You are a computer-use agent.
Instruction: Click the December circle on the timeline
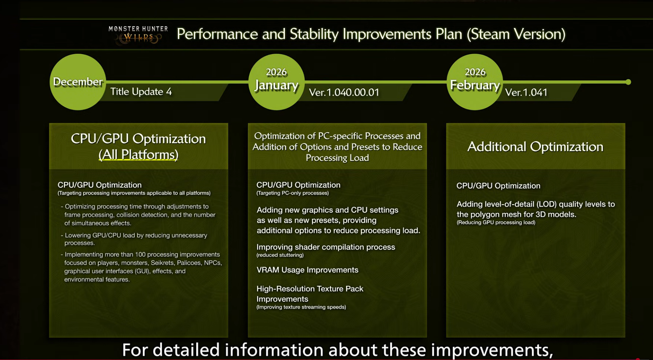click(78, 82)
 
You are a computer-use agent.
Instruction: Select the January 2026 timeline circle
click(276, 82)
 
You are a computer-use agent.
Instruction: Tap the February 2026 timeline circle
click(475, 82)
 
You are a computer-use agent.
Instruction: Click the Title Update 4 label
click(141, 91)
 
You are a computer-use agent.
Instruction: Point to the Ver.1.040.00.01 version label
click(344, 92)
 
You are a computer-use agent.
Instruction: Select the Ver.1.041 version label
click(526, 92)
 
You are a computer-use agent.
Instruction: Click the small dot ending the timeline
click(628, 82)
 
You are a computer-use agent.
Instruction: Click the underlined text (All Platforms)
click(139, 155)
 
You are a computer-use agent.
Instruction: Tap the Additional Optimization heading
click(535, 147)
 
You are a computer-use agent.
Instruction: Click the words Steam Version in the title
click(516, 34)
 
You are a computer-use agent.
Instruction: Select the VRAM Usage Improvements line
click(307, 270)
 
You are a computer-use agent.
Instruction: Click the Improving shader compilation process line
click(326, 247)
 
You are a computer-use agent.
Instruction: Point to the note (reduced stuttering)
click(280, 255)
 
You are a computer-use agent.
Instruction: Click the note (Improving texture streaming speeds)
click(301, 307)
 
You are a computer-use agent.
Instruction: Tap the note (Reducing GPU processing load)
click(496, 223)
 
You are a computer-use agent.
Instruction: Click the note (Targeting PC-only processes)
click(293, 193)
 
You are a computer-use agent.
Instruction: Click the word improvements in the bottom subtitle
click(492, 350)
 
